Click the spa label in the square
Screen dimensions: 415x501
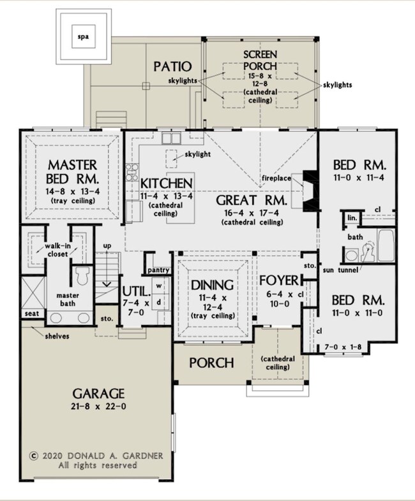coord(83,37)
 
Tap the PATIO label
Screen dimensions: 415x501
coord(172,66)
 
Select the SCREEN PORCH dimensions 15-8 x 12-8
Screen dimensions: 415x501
coord(260,80)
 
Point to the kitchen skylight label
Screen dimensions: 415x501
coord(198,154)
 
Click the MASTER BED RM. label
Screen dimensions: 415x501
coord(73,172)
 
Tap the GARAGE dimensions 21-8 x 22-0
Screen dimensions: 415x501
coord(98,407)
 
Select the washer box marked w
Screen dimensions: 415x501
coord(159,286)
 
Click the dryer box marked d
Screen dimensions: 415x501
coord(159,302)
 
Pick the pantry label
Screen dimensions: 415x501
coord(158,270)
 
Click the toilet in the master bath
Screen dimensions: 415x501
coord(82,276)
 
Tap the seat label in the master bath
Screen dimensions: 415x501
coord(32,314)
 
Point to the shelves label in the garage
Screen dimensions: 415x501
coord(57,336)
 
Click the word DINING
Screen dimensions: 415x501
coord(212,285)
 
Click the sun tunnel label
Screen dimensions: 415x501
coord(340,270)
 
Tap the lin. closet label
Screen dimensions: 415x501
coord(352,218)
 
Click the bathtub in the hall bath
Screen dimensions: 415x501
coord(386,245)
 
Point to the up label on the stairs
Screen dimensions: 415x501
coord(107,246)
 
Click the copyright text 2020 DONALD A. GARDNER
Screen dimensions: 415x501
coord(102,456)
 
